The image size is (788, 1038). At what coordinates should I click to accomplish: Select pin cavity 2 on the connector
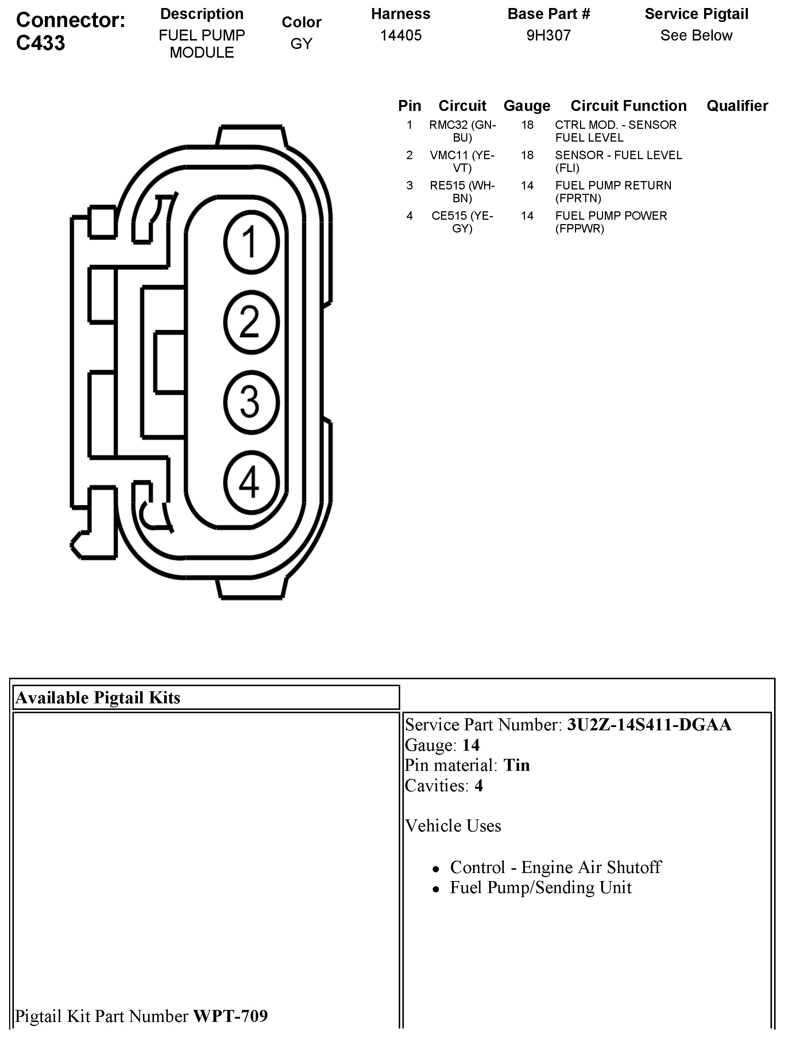[251, 322]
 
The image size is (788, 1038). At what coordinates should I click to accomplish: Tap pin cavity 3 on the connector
[251, 402]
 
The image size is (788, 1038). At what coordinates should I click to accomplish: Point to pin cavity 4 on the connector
[251, 482]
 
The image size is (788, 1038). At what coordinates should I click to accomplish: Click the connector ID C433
[40, 43]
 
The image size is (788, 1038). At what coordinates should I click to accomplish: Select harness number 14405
[401, 35]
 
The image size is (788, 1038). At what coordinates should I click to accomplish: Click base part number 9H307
[548, 35]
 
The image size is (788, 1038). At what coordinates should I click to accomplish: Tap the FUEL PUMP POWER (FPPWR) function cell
[611, 222]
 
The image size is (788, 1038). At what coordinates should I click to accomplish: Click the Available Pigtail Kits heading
[98, 698]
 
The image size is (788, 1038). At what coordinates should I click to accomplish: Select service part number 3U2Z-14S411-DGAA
[649, 725]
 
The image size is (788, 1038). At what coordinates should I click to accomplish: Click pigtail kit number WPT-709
[230, 1016]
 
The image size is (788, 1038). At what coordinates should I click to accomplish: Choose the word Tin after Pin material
[517, 765]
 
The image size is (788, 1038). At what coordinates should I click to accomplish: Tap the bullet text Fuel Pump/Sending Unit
[540, 887]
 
